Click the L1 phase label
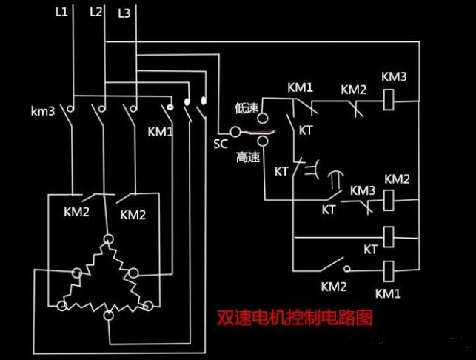61,13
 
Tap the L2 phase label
95,13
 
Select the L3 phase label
124,13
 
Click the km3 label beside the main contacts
43,112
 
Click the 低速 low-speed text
246,108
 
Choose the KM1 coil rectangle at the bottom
387,269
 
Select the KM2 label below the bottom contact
334,286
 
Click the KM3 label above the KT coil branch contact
363,191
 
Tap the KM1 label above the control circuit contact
300,87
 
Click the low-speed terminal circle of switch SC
262,118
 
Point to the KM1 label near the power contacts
159,132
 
